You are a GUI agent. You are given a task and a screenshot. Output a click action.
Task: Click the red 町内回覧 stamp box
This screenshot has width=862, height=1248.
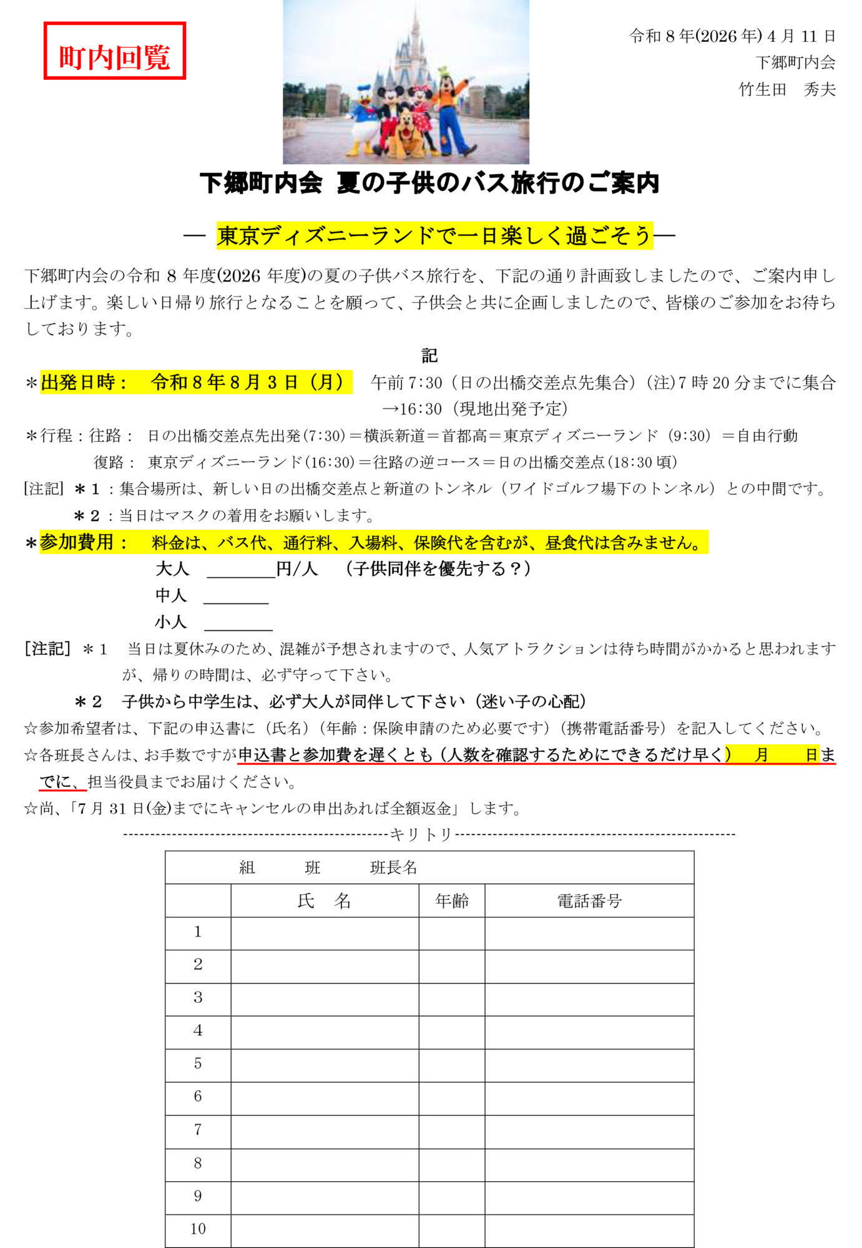[115, 51]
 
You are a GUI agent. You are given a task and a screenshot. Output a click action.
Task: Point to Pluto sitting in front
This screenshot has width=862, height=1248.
[406, 134]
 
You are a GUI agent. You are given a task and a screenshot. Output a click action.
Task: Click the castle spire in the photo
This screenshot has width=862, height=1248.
[415, 25]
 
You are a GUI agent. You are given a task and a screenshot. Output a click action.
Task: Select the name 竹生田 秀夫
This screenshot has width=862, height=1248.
[786, 89]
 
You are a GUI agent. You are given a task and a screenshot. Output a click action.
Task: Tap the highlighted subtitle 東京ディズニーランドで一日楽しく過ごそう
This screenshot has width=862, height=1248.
[434, 236]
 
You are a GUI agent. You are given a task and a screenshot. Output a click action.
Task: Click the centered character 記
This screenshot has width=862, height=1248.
[429, 356]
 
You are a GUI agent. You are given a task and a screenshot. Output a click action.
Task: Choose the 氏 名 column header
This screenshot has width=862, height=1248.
[325, 900]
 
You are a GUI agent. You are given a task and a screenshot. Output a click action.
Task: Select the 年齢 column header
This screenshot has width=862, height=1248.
[452, 900]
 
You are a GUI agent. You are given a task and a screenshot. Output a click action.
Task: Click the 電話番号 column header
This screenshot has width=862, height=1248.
[589, 900]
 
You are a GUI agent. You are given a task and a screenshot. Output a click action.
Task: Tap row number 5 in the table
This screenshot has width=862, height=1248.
[198, 1063]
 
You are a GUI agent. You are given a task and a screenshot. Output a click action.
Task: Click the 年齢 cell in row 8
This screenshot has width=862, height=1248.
[452, 1163]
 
